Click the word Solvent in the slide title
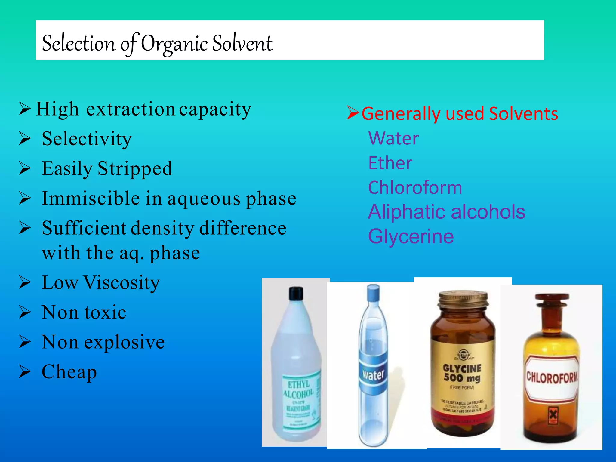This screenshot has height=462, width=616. [242, 44]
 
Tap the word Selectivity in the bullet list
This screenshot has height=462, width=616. [87, 139]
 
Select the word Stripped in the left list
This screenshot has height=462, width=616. [135, 169]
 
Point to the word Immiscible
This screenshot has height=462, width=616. [91, 199]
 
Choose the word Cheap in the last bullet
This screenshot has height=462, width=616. [69, 372]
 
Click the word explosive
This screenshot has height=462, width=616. [124, 342]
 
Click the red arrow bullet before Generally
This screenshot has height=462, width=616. [353, 113]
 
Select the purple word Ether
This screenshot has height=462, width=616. [390, 163]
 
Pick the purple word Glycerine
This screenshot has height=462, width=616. [411, 236]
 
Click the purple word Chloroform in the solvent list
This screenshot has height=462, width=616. [415, 188]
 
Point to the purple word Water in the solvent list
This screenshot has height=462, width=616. [393, 138]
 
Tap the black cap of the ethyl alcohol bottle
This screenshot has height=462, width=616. [296, 293]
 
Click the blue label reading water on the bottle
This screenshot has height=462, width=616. [373, 374]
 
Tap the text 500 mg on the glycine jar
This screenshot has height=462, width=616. [462, 378]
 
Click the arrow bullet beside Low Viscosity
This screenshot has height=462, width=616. [25, 282]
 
